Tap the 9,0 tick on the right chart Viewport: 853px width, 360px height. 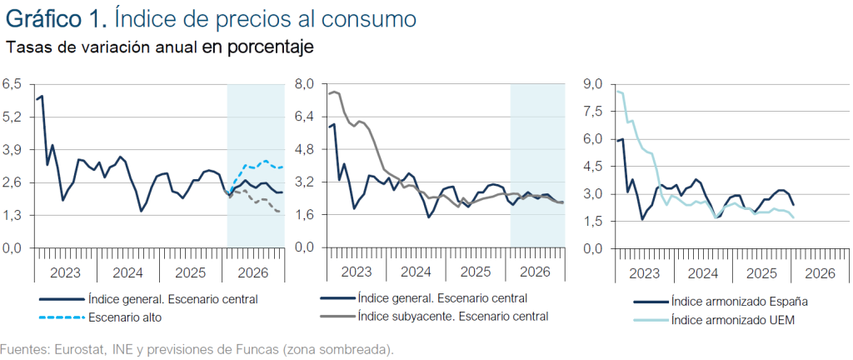click(x=592, y=84)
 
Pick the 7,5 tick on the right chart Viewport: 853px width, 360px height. click(x=592, y=112)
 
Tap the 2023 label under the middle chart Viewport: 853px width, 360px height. click(x=356, y=272)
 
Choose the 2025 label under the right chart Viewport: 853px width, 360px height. click(x=761, y=272)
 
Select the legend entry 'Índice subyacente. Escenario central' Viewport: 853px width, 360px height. click(x=451, y=317)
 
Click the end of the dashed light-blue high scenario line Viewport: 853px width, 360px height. click(x=283, y=167)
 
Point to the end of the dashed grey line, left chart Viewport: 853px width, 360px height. click(x=278, y=212)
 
